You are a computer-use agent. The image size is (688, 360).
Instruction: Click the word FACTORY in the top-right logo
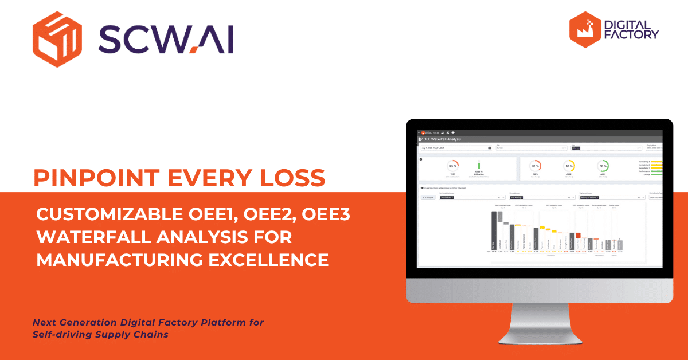(x=632, y=36)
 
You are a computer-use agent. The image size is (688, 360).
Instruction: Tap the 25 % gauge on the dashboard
(x=453, y=166)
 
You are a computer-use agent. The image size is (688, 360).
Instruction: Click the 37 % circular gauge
(x=535, y=166)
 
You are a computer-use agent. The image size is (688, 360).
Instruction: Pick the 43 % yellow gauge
(x=569, y=166)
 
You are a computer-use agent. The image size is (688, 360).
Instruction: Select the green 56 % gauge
(x=603, y=166)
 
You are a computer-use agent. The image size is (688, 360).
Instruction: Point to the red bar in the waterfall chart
(x=577, y=235)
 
